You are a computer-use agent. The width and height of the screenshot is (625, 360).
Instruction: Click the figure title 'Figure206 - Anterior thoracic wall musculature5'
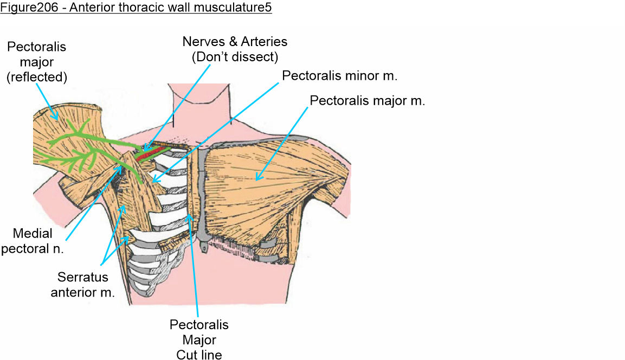(x=136, y=9)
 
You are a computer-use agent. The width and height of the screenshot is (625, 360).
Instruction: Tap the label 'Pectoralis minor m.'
(x=340, y=75)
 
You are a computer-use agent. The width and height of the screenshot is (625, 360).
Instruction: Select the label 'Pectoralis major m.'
(x=367, y=101)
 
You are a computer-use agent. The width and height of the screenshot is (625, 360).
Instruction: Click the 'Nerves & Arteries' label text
(x=235, y=42)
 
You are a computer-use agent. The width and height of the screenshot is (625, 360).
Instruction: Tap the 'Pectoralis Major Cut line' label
(x=199, y=340)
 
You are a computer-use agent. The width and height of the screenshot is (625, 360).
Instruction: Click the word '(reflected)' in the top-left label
(x=36, y=77)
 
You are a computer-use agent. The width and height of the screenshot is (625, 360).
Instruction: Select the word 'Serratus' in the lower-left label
(x=83, y=278)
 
